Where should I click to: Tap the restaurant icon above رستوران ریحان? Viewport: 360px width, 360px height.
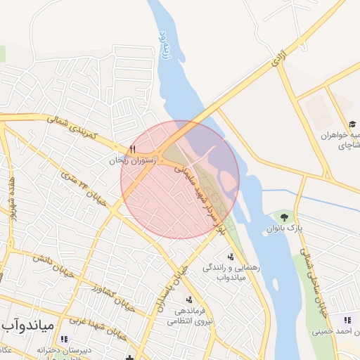pyautogui.click(x=131, y=149)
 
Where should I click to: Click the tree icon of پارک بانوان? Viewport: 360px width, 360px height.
pyautogui.click(x=283, y=217)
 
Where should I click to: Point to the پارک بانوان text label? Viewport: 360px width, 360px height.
pyautogui.click(x=285, y=229)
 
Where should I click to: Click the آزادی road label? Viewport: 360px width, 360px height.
pyautogui.click(x=276, y=64)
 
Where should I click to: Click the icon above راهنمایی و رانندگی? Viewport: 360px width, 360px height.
pyautogui.click(x=230, y=257)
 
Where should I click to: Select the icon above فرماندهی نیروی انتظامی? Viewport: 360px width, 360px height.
pyautogui.click(x=188, y=300)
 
